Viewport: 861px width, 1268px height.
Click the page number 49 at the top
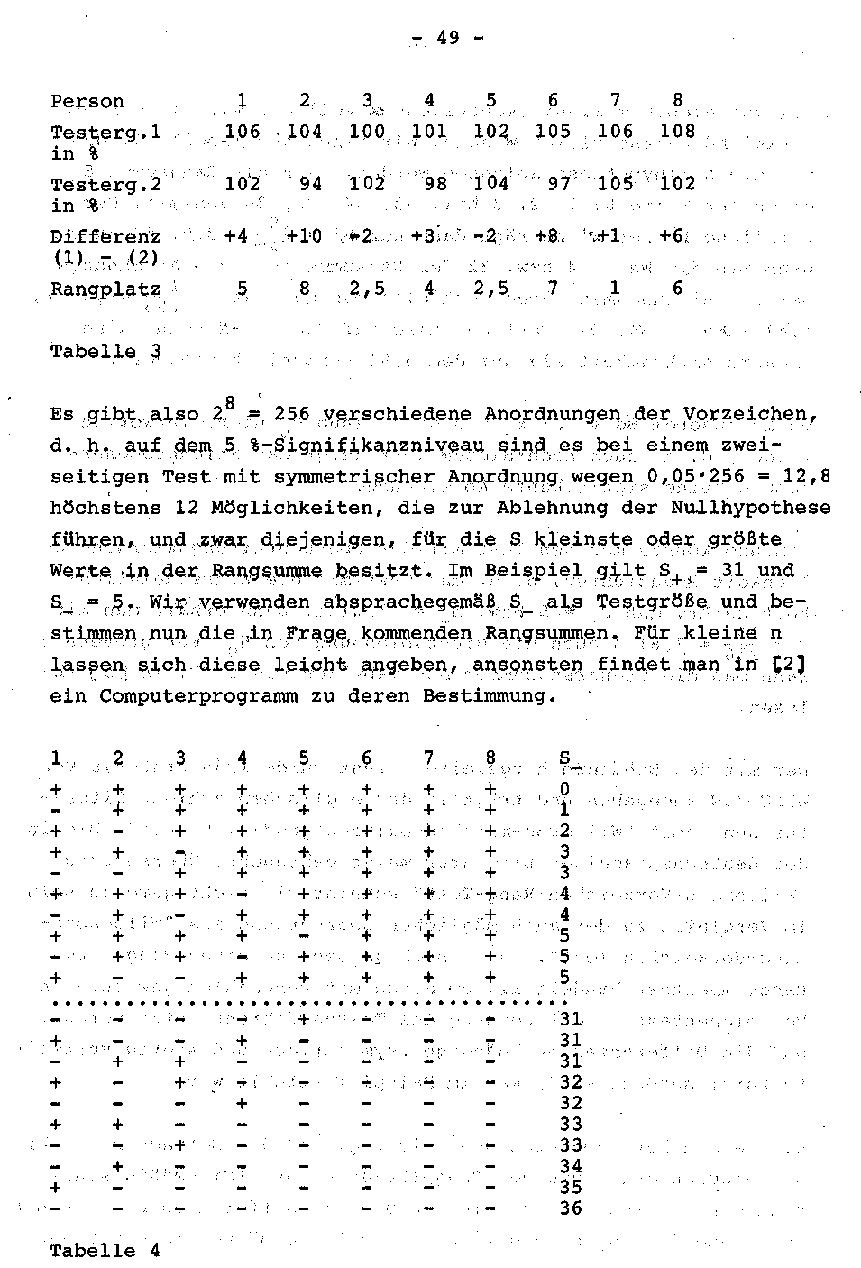(x=447, y=38)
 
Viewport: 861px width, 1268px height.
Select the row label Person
(x=87, y=102)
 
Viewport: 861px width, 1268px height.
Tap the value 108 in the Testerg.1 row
(x=677, y=132)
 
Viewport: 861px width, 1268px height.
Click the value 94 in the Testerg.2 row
(x=310, y=184)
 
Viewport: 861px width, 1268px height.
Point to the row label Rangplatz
(x=105, y=289)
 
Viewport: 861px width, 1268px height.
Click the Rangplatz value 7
(x=553, y=289)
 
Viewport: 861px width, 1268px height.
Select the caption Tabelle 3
(x=105, y=351)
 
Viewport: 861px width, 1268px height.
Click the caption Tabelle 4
(x=105, y=1251)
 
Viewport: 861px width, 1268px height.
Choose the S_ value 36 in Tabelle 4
(x=572, y=1208)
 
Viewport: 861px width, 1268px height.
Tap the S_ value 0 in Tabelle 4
(x=565, y=790)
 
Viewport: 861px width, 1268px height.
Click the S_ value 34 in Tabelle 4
(x=572, y=1166)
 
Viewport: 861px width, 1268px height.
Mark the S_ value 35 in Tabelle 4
(x=572, y=1188)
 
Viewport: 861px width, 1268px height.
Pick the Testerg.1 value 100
(x=367, y=132)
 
